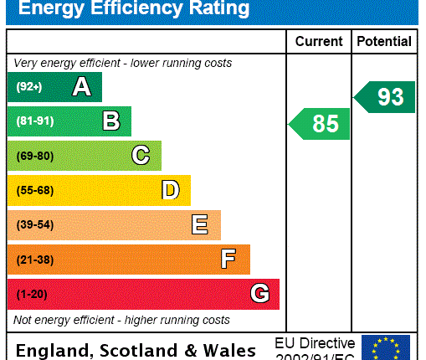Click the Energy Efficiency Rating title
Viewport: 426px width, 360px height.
click(x=134, y=9)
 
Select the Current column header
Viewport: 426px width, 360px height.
click(x=319, y=41)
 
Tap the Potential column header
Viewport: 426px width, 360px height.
click(x=384, y=41)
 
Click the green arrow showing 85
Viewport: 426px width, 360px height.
click(x=320, y=124)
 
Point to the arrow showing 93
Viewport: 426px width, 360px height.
click(x=385, y=97)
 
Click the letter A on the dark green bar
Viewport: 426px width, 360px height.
click(x=81, y=86)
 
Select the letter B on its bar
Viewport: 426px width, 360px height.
click(x=110, y=121)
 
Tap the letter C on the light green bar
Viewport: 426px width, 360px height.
click(x=141, y=156)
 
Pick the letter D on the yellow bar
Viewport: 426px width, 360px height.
click(x=170, y=190)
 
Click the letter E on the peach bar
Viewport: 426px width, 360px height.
click(x=200, y=224)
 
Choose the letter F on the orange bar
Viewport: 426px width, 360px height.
click(x=228, y=260)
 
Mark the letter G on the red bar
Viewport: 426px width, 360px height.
click(x=259, y=294)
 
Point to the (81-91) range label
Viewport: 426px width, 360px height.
click(x=36, y=121)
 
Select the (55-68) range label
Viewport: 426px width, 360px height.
click(x=36, y=190)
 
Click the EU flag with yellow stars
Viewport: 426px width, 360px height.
click(x=386, y=347)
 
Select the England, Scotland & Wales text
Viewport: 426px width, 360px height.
click(x=136, y=350)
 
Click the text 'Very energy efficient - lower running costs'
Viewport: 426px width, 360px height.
click(x=123, y=63)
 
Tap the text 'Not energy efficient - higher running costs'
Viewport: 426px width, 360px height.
click(x=121, y=320)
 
